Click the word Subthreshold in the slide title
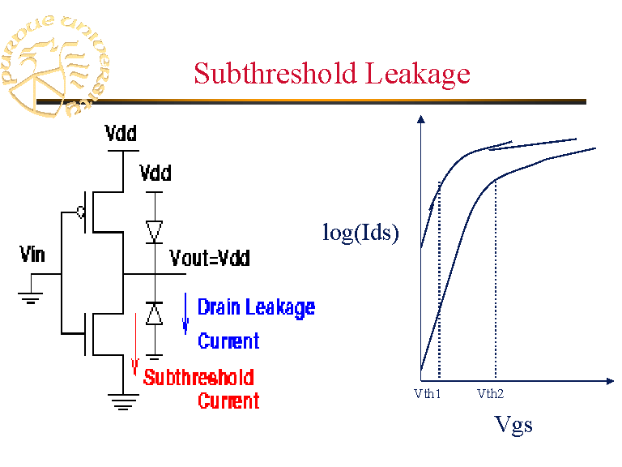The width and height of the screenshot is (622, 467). coord(276,74)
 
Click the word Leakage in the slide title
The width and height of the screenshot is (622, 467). coord(418,74)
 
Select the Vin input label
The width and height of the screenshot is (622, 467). coord(32,255)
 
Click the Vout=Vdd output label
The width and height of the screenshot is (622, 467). coord(210,259)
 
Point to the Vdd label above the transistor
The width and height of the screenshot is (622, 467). coord(121,134)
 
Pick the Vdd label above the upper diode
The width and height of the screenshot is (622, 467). coord(155,174)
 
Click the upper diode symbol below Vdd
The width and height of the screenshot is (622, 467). coord(155,231)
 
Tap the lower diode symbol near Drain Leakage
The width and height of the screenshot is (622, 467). coord(155,313)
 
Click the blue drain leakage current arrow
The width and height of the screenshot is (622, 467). coord(185,315)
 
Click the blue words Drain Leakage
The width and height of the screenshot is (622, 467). coord(256,307)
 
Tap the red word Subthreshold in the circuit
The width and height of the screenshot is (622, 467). coord(198,377)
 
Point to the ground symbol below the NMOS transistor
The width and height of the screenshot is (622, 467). coord(121,401)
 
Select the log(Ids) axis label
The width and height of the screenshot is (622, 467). coord(361,233)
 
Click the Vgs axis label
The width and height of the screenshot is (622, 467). coord(513,424)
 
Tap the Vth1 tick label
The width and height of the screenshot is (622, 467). coord(427,394)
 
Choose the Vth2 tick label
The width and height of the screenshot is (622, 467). coord(490,394)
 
